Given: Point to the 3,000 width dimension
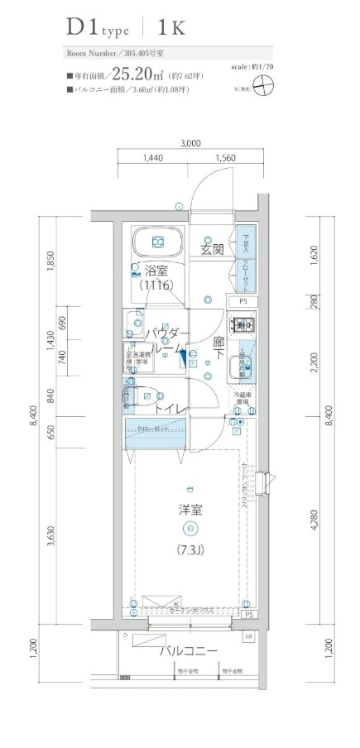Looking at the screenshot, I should (190, 142).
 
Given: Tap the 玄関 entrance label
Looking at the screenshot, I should (212, 248).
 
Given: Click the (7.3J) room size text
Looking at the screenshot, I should (190, 550).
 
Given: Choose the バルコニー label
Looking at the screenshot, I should (189, 650).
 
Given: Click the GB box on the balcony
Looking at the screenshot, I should (247, 635).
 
